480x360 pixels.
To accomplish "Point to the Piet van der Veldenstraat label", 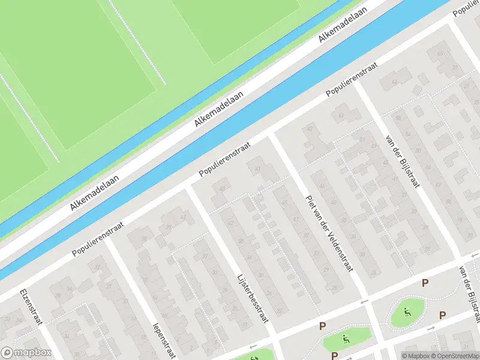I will pyautogui.click(x=328, y=233).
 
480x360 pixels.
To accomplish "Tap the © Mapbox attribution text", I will pyautogui.click(x=416, y=356).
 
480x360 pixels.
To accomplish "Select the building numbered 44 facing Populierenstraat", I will pyautogui.click(x=394, y=82).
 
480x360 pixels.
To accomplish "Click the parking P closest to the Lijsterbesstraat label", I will pyautogui.click(x=322, y=326).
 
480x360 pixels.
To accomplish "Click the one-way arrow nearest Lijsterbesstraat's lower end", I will pyautogui.click(x=253, y=346).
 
